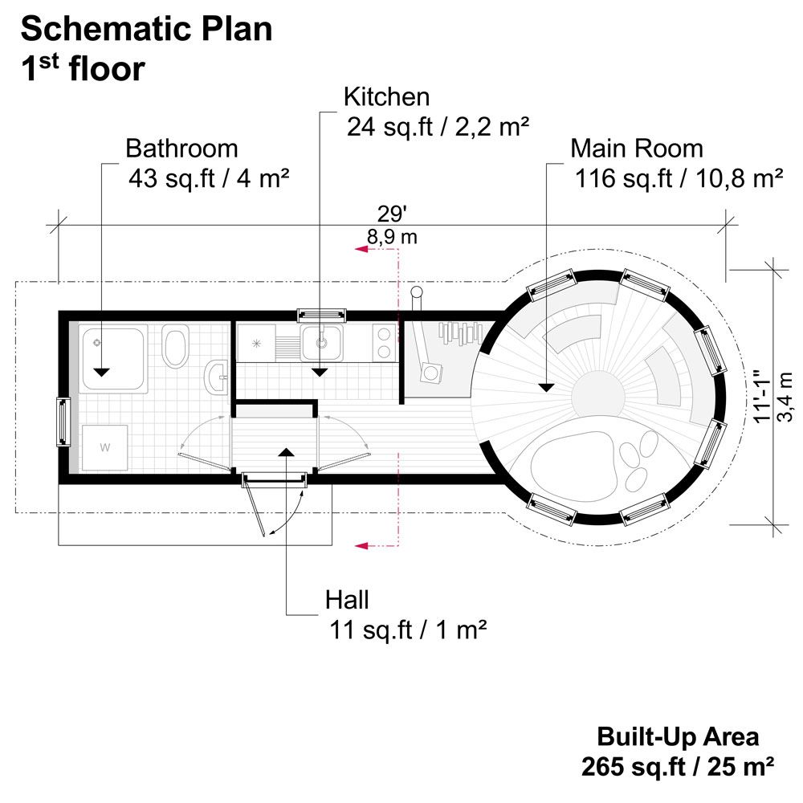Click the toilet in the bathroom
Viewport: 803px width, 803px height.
tap(174, 345)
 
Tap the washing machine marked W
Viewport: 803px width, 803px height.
tap(105, 447)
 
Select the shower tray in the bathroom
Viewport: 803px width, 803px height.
tap(113, 357)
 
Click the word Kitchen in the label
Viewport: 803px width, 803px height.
tap(386, 97)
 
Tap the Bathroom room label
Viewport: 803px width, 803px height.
tap(181, 149)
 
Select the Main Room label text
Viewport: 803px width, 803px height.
tap(636, 149)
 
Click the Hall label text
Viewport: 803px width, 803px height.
tap(347, 599)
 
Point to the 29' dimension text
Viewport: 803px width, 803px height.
tap(392, 215)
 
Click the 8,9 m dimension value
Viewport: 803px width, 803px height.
tap(392, 237)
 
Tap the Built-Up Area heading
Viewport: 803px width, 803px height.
tap(677, 736)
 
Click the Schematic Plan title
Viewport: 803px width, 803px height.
tap(146, 30)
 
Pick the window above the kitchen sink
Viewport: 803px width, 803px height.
tap(320, 315)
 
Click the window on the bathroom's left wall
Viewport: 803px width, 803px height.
tap(61, 421)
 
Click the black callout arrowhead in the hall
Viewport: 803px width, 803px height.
tap(286, 452)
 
